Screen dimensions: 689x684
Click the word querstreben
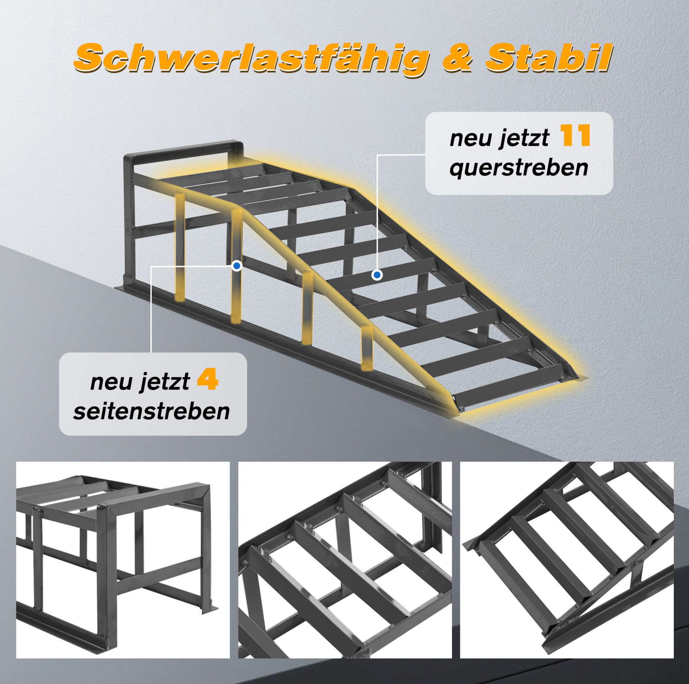pyautogui.click(x=519, y=168)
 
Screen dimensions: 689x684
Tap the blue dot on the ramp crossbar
pyautogui.click(x=377, y=275)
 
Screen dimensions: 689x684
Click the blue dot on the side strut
pyautogui.click(x=236, y=266)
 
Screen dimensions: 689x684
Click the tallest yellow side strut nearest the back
pyautogui.click(x=180, y=246)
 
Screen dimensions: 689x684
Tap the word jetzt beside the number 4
pyautogui.click(x=164, y=382)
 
